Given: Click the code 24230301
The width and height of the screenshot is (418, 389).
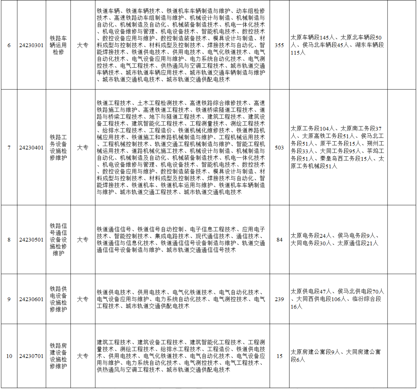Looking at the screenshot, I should point(31,45).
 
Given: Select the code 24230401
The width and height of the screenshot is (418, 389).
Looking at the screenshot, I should point(31,147).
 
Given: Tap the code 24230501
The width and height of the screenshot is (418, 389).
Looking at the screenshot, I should point(31,240).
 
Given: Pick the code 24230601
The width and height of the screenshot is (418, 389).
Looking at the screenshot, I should point(31,299).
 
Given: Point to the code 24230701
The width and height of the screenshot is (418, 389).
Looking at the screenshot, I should point(31,356).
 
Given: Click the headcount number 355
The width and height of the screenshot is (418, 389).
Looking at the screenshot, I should point(279,45).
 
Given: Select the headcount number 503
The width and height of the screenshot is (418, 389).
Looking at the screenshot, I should point(279,147).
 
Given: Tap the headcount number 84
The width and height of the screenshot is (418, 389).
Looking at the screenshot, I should point(279,240).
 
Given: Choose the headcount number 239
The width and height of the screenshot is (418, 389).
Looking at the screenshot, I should point(279,299).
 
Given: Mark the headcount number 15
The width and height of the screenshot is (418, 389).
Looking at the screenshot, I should point(279,356).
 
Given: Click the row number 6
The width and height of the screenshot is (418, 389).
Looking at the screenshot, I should point(9,45).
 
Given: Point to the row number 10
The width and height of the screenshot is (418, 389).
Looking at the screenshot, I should point(9,356).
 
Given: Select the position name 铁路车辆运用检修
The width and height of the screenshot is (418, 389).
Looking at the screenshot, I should point(58,45).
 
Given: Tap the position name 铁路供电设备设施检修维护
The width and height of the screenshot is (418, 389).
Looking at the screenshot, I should point(58,299).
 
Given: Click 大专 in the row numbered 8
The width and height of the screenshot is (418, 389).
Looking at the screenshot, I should point(83,240).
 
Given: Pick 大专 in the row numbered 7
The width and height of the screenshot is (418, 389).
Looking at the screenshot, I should point(83,147).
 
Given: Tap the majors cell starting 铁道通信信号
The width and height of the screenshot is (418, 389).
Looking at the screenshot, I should point(181,240).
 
